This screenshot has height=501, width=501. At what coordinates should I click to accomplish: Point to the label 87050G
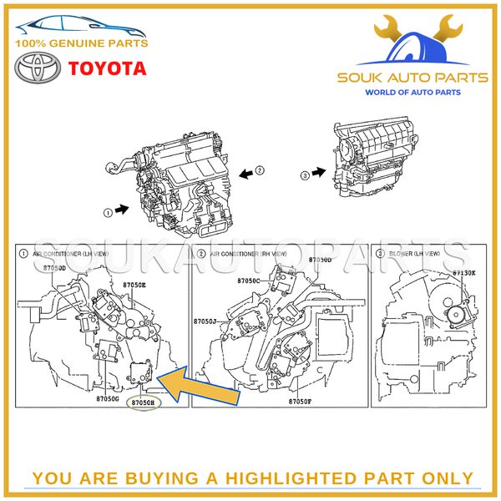(106, 398)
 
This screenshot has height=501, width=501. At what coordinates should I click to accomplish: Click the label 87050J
(205, 321)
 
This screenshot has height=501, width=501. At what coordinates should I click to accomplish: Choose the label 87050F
(301, 402)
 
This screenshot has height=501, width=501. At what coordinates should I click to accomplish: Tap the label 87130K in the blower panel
(464, 272)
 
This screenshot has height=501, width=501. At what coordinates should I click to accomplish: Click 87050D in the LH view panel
(54, 268)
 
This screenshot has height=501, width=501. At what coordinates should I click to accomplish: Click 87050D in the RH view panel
(320, 260)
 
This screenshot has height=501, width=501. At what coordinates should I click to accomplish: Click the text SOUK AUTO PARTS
(412, 78)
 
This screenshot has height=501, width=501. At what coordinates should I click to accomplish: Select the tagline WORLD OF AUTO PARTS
(412, 92)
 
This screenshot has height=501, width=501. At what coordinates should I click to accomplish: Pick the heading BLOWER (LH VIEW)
(413, 252)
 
